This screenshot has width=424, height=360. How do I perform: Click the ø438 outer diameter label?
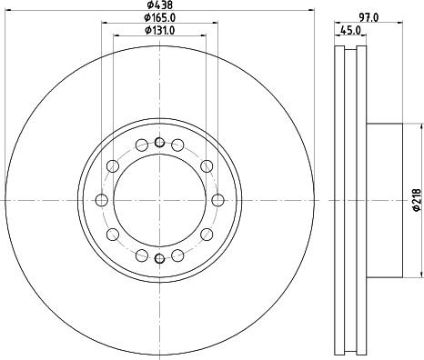click(x=160, y=5)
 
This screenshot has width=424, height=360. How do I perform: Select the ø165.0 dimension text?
click(x=160, y=18)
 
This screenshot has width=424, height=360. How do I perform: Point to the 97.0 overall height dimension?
click(x=368, y=18)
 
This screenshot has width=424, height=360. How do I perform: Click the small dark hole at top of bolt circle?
click(x=159, y=141)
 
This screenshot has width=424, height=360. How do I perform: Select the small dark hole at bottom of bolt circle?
click(x=159, y=260)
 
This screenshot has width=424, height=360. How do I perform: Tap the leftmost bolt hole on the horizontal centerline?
click(x=100, y=201)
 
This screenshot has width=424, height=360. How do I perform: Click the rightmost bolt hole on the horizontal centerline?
click(x=218, y=201)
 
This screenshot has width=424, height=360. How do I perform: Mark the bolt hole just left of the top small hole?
click(x=141, y=145)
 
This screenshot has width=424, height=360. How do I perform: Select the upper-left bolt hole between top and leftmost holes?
click(x=112, y=165)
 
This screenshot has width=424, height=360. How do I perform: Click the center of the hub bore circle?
click(x=159, y=201)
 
